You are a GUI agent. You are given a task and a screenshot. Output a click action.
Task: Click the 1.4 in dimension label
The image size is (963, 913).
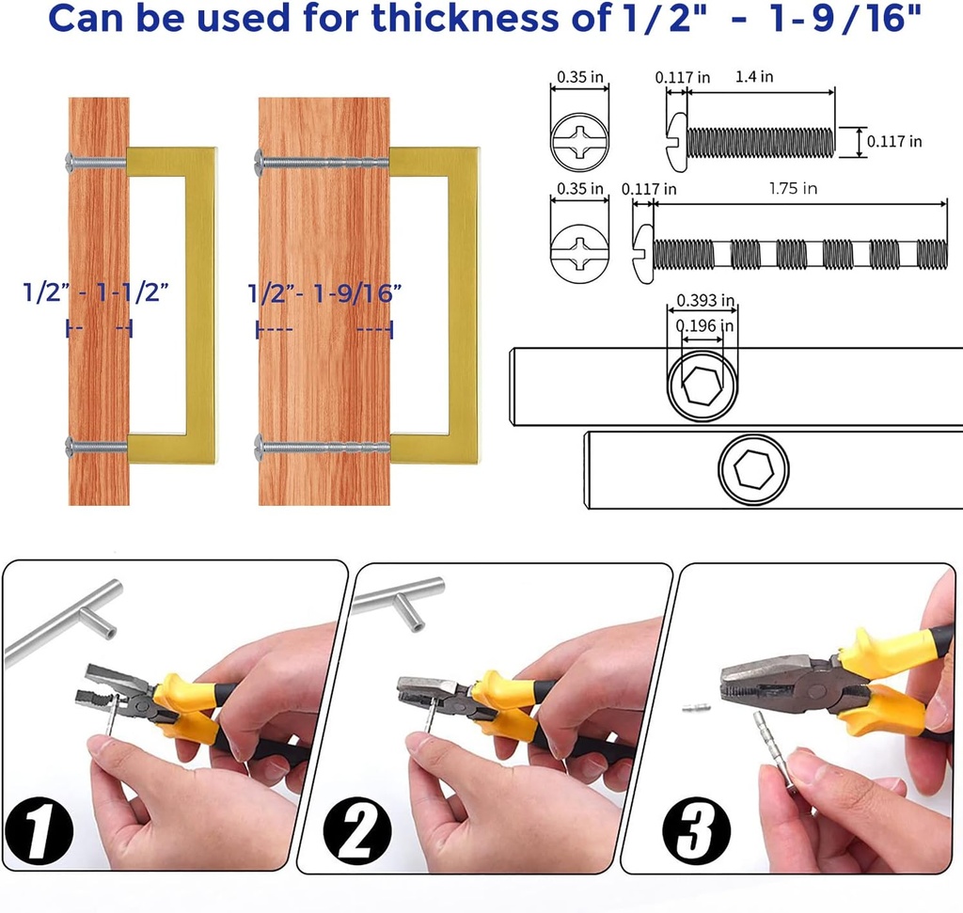(x=754, y=77)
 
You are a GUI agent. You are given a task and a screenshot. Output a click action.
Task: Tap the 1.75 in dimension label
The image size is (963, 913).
(x=793, y=188)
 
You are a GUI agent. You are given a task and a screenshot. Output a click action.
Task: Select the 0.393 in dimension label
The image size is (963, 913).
(x=705, y=300)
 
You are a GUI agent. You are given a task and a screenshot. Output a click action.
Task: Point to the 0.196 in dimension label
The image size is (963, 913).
(x=704, y=325)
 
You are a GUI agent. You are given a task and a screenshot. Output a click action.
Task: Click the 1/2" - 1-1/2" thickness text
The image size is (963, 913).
(x=96, y=292)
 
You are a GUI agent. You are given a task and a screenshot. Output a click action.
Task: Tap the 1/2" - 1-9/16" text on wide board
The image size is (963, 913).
(x=324, y=293)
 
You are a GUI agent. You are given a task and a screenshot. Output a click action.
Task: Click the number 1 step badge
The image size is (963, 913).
(x=39, y=831)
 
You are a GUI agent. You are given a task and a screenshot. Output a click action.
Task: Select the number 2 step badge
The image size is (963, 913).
(x=356, y=831)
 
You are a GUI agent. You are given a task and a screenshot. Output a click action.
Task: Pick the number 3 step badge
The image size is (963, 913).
(x=697, y=831)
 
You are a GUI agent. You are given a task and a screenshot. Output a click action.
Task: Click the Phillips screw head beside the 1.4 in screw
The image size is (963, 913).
(x=579, y=141)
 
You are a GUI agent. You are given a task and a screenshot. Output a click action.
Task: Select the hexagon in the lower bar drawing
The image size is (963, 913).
(x=753, y=469)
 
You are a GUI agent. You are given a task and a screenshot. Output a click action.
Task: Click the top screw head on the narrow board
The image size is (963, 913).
(x=70, y=162)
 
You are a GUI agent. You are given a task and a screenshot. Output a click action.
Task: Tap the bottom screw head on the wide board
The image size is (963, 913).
(x=259, y=447)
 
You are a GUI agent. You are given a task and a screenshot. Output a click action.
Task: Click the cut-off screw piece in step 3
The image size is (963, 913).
(x=697, y=708)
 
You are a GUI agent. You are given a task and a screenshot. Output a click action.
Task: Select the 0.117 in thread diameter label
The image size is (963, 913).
(x=894, y=141)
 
